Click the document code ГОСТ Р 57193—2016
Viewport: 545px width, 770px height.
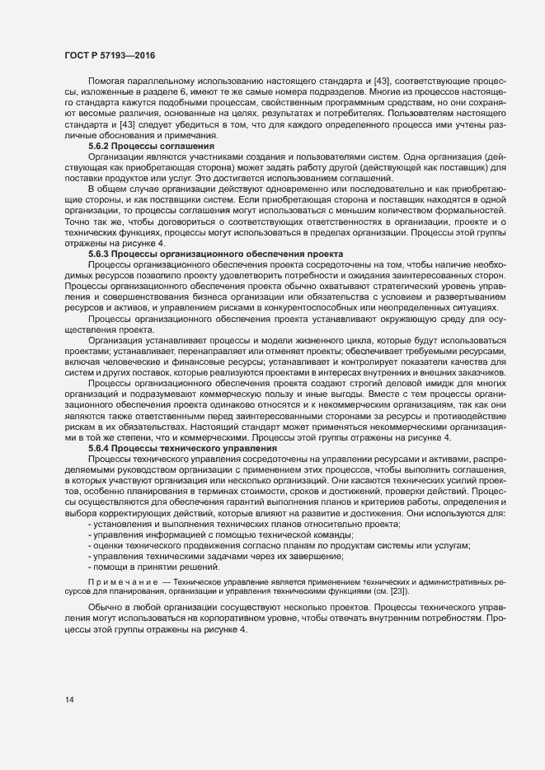(109, 56)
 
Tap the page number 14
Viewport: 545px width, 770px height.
(70, 701)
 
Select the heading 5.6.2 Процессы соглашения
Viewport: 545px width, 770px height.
(144, 146)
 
